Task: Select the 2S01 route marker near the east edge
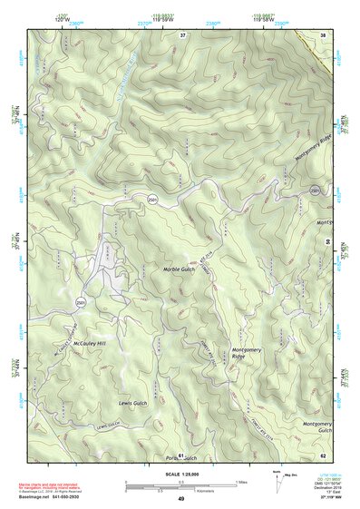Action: [313, 190]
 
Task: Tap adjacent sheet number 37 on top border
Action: [182, 34]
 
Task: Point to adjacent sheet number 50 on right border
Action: [327, 242]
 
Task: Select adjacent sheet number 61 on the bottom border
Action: [181, 454]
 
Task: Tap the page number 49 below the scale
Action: [180, 499]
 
